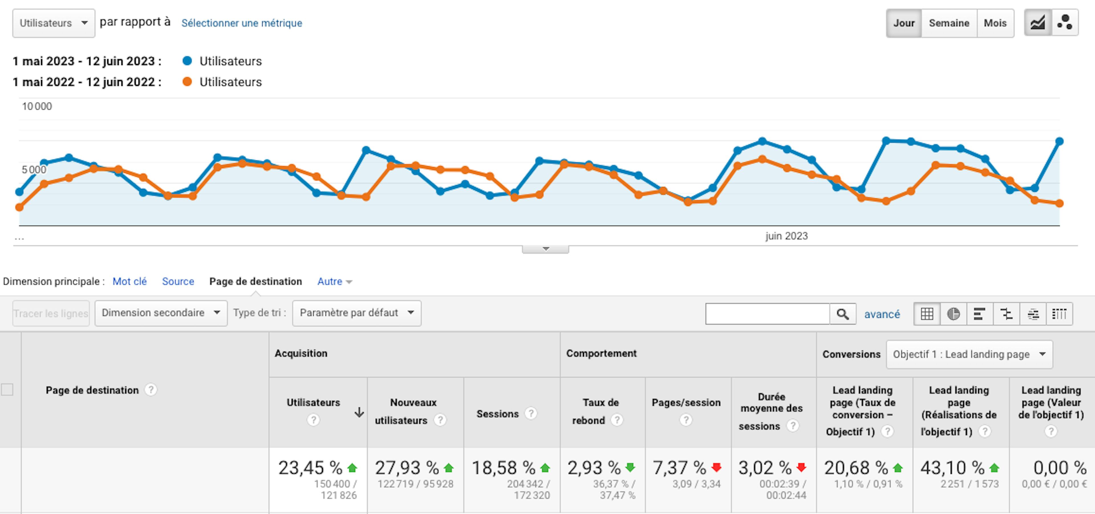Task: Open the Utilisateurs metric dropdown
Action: [x=54, y=23]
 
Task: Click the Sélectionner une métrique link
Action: [x=242, y=23]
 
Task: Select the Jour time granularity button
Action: [x=904, y=23]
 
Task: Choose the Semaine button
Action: [x=949, y=23]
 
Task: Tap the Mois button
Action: [x=995, y=23]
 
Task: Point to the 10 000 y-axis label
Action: [x=37, y=106]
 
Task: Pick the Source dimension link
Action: [x=178, y=281]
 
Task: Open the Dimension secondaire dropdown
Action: [x=161, y=313]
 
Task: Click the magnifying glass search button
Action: [x=843, y=314]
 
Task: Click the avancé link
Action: [x=882, y=314]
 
